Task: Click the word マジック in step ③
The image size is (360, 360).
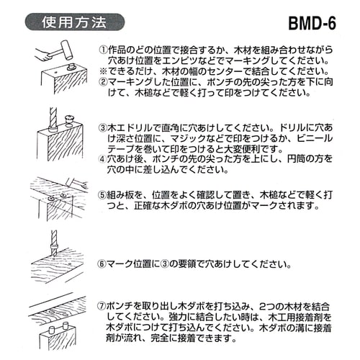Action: (x=189, y=138)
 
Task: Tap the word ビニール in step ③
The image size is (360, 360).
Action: (x=316, y=138)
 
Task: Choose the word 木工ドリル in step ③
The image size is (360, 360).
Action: (x=130, y=127)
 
